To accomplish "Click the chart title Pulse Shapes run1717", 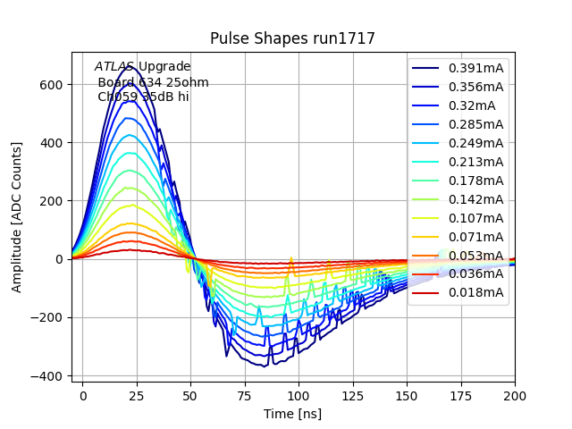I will point(292,38).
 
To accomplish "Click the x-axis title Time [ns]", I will point(292,414).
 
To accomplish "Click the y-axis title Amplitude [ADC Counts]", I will point(17,217).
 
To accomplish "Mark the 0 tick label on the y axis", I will point(60,259).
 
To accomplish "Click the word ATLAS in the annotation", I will point(114,67).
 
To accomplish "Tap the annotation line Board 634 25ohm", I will point(153,82).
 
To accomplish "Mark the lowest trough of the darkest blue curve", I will point(265,366).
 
